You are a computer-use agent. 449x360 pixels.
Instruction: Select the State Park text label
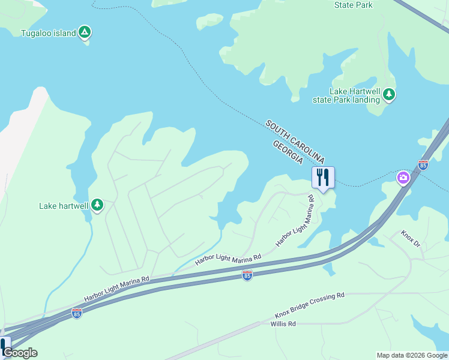pyautogui.click(x=354, y=5)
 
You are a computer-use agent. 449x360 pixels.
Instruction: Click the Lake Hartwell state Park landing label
pyautogui.click(x=346, y=95)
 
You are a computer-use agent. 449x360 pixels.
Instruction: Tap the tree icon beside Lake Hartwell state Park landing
pyautogui.click(x=390, y=95)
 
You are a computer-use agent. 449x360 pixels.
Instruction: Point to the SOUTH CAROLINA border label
pyautogui.click(x=295, y=142)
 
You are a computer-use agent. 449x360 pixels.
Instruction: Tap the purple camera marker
pyautogui.click(x=403, y=178)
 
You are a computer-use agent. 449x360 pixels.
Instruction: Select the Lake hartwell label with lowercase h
pyautogui.click(x=64, y=206)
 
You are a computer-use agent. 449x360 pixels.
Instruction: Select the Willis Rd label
pyautogui.click(x=283, y=324)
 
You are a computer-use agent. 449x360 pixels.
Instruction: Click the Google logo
pyautogui.click(x=20, y=353)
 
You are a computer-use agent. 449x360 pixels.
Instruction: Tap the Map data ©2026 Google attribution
pyautogui.click(x=412, y=355)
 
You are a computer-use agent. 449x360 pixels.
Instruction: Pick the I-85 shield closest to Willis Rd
pyautogui.click(x=247, y=275)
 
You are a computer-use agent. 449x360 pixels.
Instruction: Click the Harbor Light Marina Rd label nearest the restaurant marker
pyautogui.click(x=296, y=221)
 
